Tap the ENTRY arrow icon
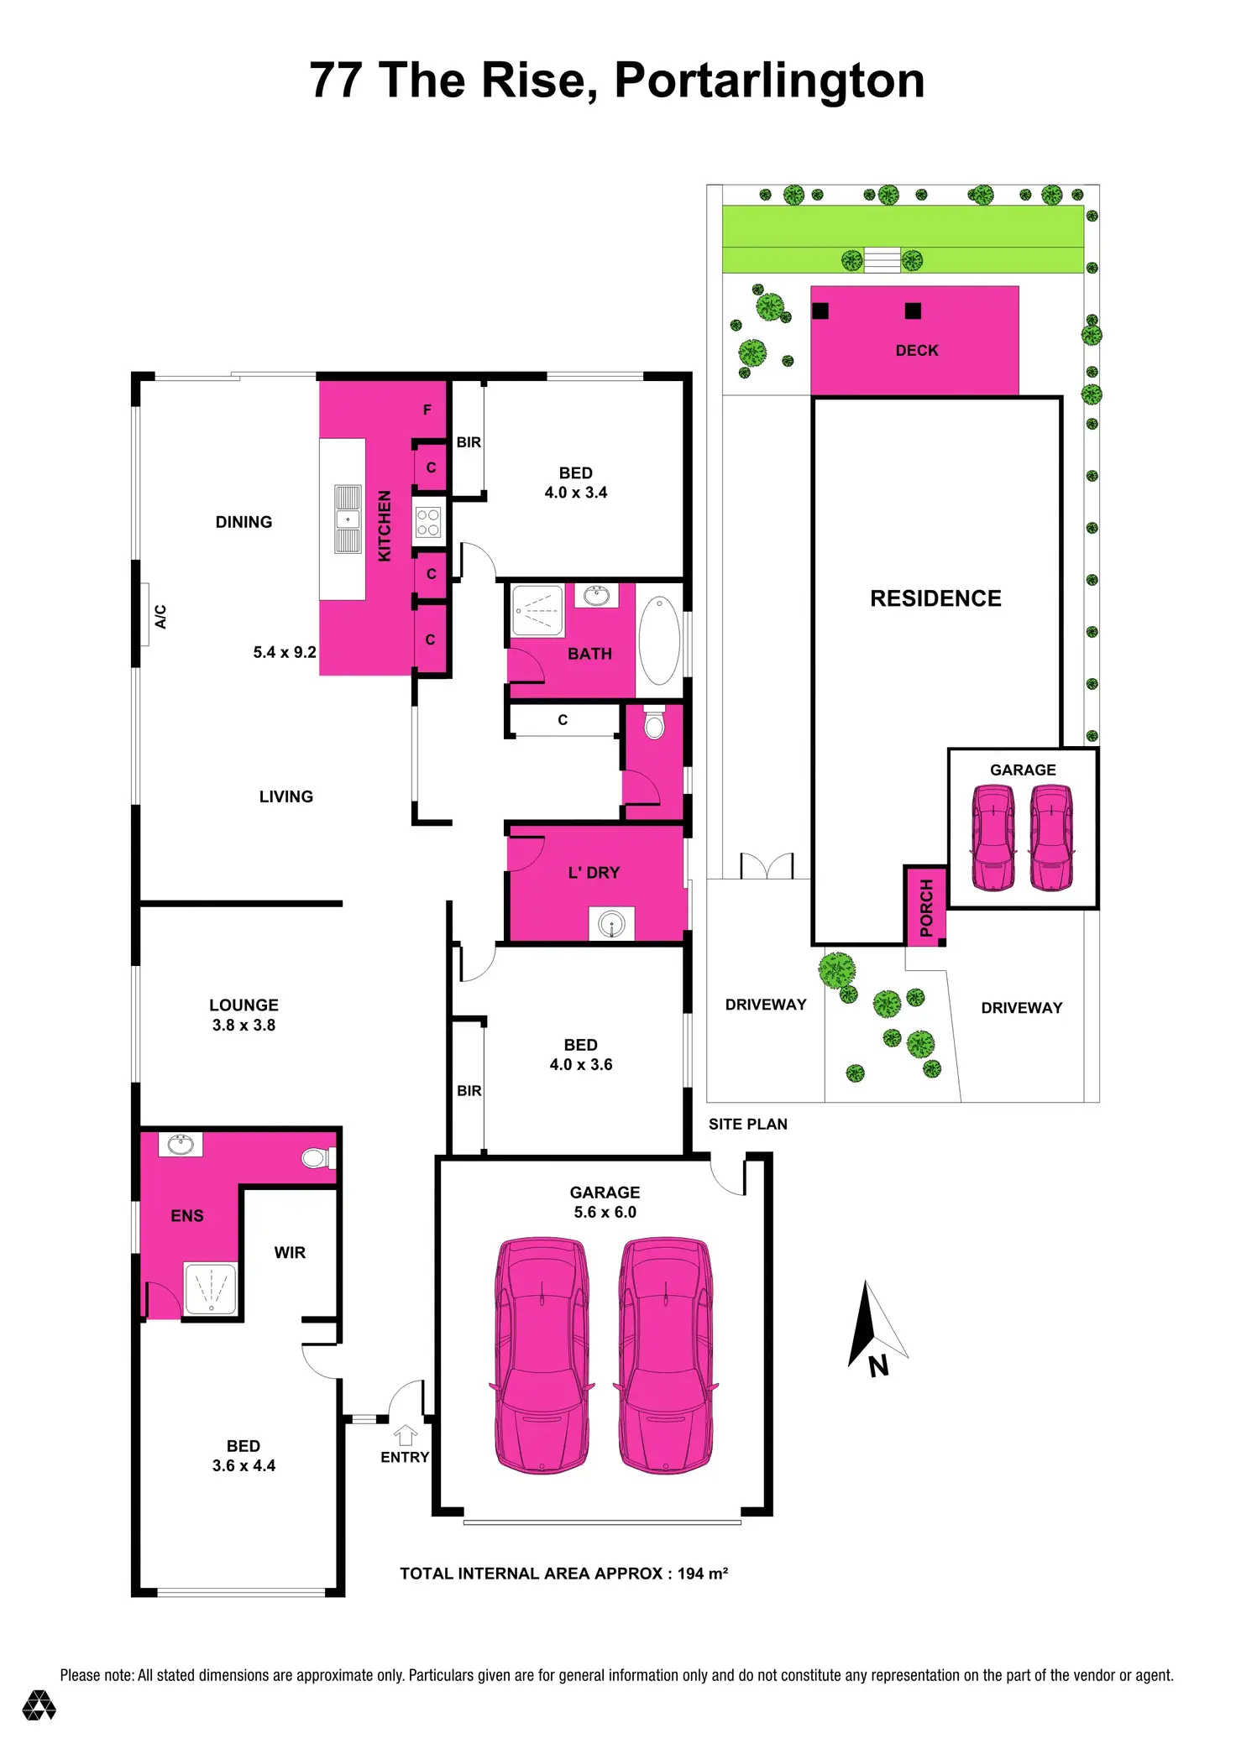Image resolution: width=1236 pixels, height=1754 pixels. (406, 1435)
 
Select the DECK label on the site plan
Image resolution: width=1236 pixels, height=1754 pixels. (917, 351)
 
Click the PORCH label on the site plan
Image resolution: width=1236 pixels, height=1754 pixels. (926, 908)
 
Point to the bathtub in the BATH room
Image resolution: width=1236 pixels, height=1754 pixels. (659, 641)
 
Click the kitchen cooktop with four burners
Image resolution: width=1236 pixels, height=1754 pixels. (428, 523)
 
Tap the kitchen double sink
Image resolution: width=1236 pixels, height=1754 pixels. (348, 519)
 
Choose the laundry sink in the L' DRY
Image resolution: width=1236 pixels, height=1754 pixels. (611, 924)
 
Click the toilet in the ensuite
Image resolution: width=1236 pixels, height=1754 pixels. (316, 1159)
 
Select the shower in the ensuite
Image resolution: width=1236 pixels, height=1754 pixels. (211, 1289)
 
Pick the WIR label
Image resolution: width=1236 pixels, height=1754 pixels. (290, 1253)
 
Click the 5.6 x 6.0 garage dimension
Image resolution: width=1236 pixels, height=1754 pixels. (605, 1212)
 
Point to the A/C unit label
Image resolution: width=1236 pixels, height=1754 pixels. (160, 616)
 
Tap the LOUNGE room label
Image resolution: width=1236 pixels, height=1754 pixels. (244, 1005)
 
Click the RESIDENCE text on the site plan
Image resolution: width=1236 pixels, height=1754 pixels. (935, 598)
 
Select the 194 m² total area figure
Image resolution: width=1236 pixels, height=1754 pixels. (702, 1574)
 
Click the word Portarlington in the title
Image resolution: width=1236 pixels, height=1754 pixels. (769, 81)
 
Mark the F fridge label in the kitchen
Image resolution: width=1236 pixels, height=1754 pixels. (427, 410)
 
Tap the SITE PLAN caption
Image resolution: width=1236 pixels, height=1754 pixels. (747, 1125)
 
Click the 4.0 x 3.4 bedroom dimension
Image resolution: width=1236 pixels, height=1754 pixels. (575, 493)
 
